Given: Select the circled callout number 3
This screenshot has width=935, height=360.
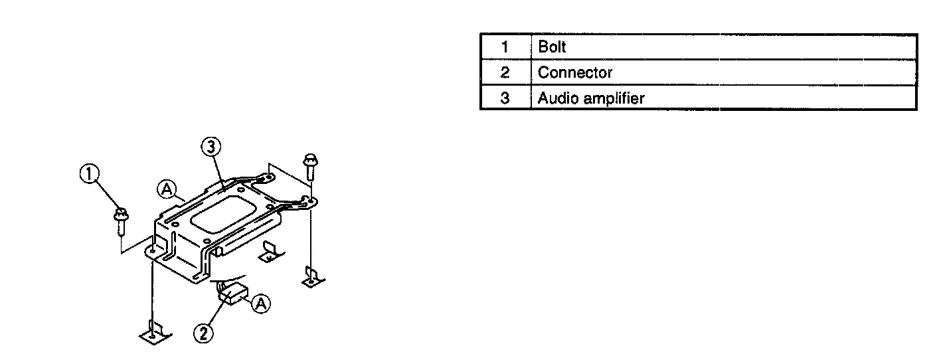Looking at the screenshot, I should coord(211,146).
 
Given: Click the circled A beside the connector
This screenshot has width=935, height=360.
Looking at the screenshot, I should coord(262,304).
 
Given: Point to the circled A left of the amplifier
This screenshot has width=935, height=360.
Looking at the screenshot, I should coord(165,190).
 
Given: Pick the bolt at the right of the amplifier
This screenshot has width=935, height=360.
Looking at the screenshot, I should coord(309,165).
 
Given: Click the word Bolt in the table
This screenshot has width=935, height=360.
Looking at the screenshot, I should coord(552,48).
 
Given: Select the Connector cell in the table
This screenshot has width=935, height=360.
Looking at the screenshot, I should coord(575,72).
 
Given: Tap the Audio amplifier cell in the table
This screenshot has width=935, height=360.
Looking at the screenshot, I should coord(590,98).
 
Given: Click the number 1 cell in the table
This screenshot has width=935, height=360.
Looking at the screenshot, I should coord(505,48).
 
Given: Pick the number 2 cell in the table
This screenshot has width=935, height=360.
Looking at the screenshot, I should coord(505,72).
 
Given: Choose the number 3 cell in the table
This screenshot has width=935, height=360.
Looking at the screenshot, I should coord(505,98).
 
